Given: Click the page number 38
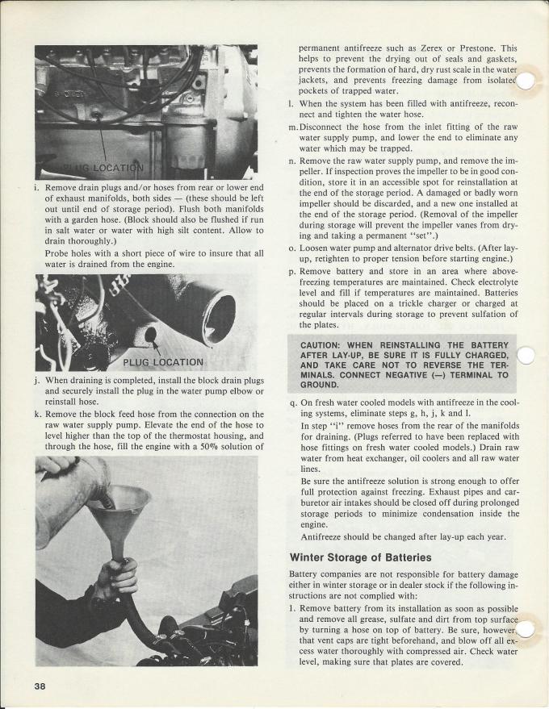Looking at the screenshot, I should click(41, 686).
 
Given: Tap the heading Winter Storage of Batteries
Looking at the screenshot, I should click(360, 557).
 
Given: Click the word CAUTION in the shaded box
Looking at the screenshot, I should click(324, 346).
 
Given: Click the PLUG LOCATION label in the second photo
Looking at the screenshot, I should click(164, 361).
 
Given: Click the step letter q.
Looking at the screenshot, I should click(292, 402).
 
